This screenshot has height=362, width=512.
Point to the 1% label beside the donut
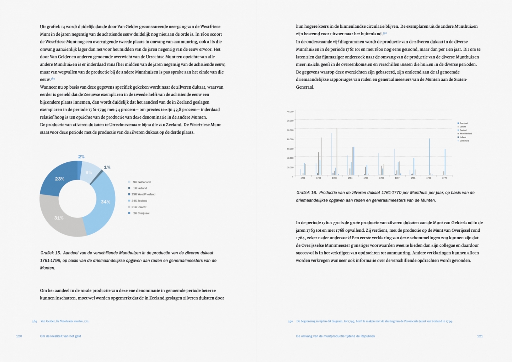(107, 167)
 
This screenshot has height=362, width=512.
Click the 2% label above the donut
(81, 157)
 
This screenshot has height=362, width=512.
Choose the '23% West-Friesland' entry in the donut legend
(144, 194)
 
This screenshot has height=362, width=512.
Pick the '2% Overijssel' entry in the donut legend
(141, 213)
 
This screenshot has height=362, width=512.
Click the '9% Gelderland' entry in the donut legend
(142, 182)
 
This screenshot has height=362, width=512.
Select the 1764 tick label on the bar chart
(350, 178)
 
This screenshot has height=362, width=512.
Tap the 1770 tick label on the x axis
(444, 178)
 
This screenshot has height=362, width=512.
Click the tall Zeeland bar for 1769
(429, 157)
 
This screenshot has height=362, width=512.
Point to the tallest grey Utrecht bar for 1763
(337, 151)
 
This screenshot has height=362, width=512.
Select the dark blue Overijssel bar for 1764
(354, 161)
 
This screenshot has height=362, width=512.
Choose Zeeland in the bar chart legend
(463, 130)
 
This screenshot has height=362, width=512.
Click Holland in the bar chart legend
(463, 137)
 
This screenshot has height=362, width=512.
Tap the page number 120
(19, 336)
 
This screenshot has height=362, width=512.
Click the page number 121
(480, 336)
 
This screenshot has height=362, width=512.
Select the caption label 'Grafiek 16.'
(306, 193)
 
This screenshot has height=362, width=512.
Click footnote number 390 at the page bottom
(290, 321)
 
